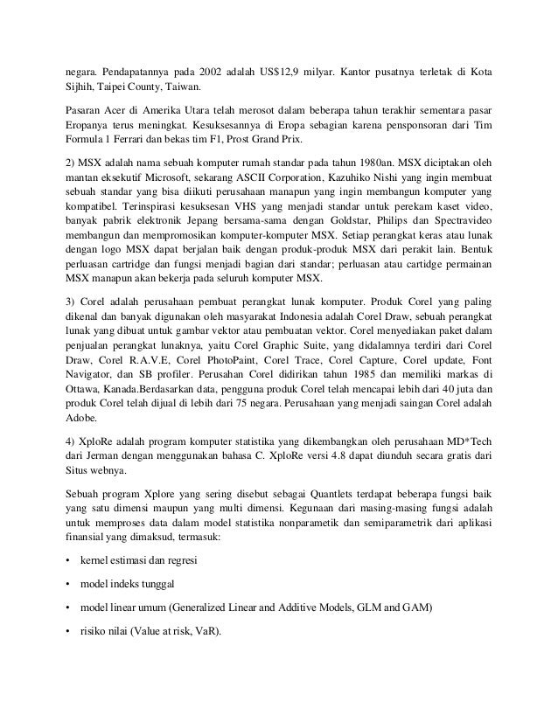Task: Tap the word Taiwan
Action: [180, 87]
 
